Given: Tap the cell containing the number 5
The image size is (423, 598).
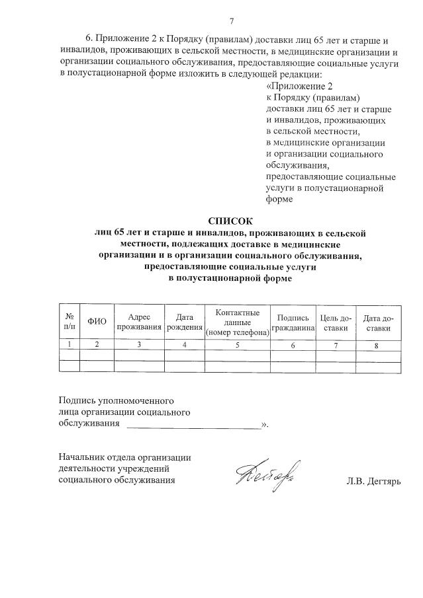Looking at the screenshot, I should coord(237,344).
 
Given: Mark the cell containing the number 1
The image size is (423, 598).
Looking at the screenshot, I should coord(70,344).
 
